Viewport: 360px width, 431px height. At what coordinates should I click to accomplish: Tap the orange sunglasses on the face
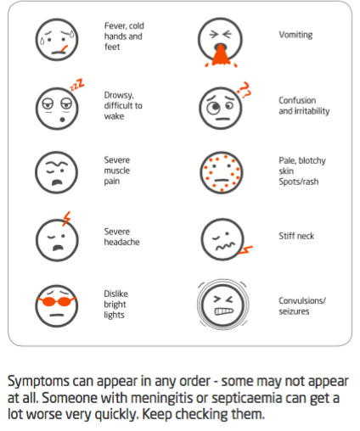[57, 301]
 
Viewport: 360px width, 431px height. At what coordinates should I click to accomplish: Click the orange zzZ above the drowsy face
[77, 85]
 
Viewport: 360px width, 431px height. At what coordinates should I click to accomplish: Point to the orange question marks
[244, 90]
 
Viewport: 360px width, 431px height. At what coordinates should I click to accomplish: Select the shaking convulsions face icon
[222, 305]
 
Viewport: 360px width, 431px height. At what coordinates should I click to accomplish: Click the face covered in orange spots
[222, 172]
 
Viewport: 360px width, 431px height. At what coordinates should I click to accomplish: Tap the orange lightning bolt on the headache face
[66, 218]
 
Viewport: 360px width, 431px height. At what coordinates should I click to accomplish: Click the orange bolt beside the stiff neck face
[245, 250]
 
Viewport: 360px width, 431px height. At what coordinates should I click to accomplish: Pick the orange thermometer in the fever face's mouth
[65, 48]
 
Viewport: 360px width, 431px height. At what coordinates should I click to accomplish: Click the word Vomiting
[295, 35]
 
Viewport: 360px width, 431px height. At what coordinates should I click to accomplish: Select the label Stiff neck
[296, 236]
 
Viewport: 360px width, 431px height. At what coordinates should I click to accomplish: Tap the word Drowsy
[119, 95]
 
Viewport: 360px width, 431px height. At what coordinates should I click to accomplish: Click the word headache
[121, 242]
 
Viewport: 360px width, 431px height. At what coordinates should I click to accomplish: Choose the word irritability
[312, 111]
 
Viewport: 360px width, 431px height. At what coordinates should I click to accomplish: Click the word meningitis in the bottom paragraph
[161, 398]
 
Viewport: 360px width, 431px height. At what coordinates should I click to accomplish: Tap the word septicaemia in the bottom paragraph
[247, 399]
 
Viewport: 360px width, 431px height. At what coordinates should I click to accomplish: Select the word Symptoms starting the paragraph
[38, 382]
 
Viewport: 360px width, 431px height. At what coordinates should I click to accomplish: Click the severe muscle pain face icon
[57, 172]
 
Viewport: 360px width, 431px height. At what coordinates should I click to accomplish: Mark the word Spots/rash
[299, 182]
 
